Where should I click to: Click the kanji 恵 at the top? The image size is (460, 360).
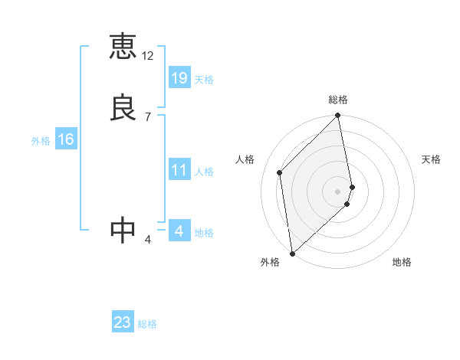pos(123,47)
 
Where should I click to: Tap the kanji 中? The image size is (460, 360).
pos(123,231)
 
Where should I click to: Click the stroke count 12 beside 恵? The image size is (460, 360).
pos(148,56)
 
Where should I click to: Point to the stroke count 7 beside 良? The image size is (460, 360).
pos(147,117)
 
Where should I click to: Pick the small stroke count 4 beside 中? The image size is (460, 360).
pos(147,240)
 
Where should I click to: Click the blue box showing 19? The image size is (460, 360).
pos(179,77)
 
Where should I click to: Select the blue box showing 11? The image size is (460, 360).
pos(179,170)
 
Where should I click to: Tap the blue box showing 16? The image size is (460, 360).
pos(65,139)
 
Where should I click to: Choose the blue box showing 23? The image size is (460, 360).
pos(123,322)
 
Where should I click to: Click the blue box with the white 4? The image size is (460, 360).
pos(179,231)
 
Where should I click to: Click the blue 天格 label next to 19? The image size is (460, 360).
pos(204,80)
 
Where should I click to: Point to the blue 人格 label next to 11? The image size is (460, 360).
pos(204,172)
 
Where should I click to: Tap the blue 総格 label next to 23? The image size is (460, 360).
pos(148,324)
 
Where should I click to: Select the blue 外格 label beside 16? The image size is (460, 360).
pos(41,141)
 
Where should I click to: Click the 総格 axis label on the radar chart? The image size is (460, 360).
pos(338,100)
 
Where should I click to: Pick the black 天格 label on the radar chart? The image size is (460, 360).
pos(432,159)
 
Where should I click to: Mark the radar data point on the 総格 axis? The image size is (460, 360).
pos(338,116)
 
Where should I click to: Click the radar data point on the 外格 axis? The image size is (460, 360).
pos(291,254)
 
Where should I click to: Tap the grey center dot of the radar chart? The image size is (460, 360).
pos(338,191)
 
